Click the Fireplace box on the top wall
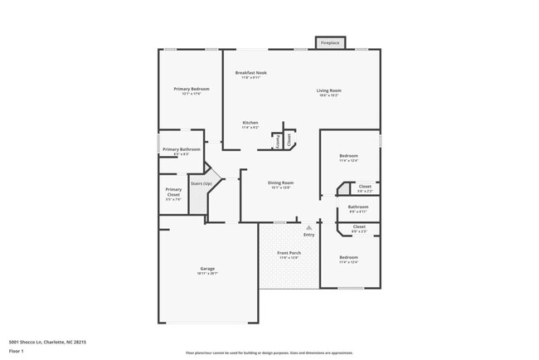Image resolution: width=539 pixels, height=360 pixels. [330, 42]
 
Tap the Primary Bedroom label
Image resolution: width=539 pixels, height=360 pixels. [191, 89]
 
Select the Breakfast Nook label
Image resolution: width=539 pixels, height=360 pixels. [250, 73]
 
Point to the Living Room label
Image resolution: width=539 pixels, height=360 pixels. [328, 90]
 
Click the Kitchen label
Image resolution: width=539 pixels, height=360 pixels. [250, 123]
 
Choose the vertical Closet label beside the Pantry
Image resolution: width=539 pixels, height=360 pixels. [289, 140]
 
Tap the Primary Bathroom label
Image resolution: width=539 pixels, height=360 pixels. [181, 149]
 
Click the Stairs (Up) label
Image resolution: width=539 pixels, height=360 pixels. [202, 183]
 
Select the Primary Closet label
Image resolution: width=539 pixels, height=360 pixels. [173, 192]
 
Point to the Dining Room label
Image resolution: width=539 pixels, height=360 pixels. [280, 182]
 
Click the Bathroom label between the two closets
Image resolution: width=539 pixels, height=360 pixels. [358, 207]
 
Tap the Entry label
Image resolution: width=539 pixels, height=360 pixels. [308, 235]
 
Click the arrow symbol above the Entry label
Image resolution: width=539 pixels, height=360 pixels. [308, 226]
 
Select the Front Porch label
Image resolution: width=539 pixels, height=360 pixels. [289, 253]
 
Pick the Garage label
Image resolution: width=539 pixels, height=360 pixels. [207, 268]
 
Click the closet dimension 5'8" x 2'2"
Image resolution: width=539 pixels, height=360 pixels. [365, 192]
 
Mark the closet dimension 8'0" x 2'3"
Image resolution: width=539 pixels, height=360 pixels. [359, 231]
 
